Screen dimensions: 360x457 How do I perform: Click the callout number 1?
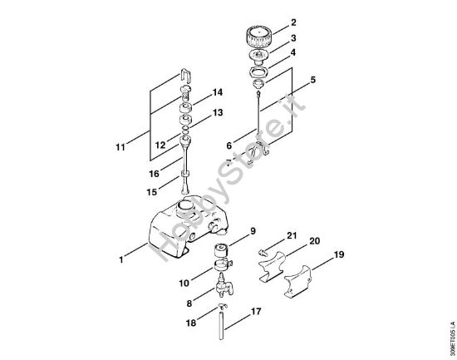121,260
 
